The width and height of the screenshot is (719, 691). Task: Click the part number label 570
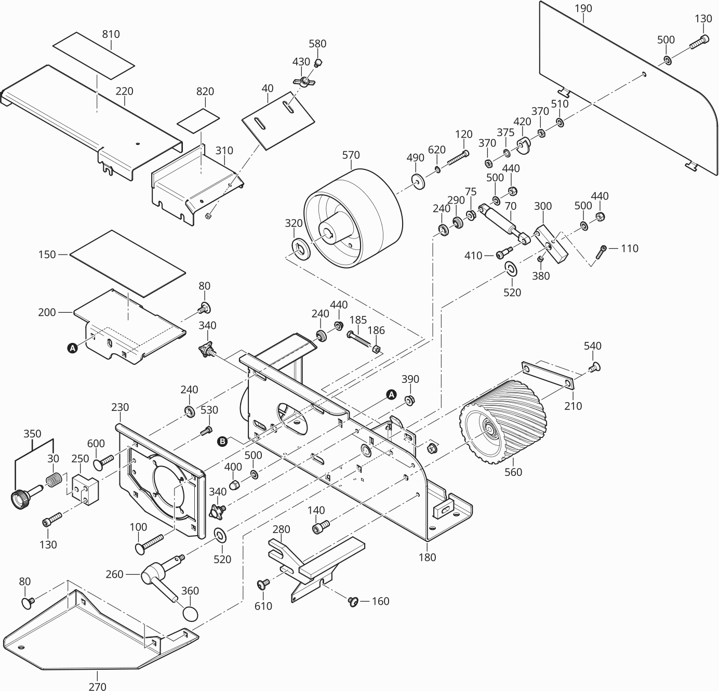(x=351, y=155)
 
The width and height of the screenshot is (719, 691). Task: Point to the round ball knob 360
(x=191, y=613)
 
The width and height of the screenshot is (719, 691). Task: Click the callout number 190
(x=583, y=9)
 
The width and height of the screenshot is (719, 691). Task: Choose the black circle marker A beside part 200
(x=73, y=348)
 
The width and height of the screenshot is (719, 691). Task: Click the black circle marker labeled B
(x=222, y=442)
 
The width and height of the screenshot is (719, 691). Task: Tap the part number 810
(x=111, y=34)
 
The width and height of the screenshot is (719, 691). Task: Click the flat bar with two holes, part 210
(x=547, y=376)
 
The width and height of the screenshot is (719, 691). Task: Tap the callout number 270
(x=97, y=686)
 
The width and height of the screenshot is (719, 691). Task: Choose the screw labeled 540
(x=594, y=367)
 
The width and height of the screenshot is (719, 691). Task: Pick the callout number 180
(x=427, y=557)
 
